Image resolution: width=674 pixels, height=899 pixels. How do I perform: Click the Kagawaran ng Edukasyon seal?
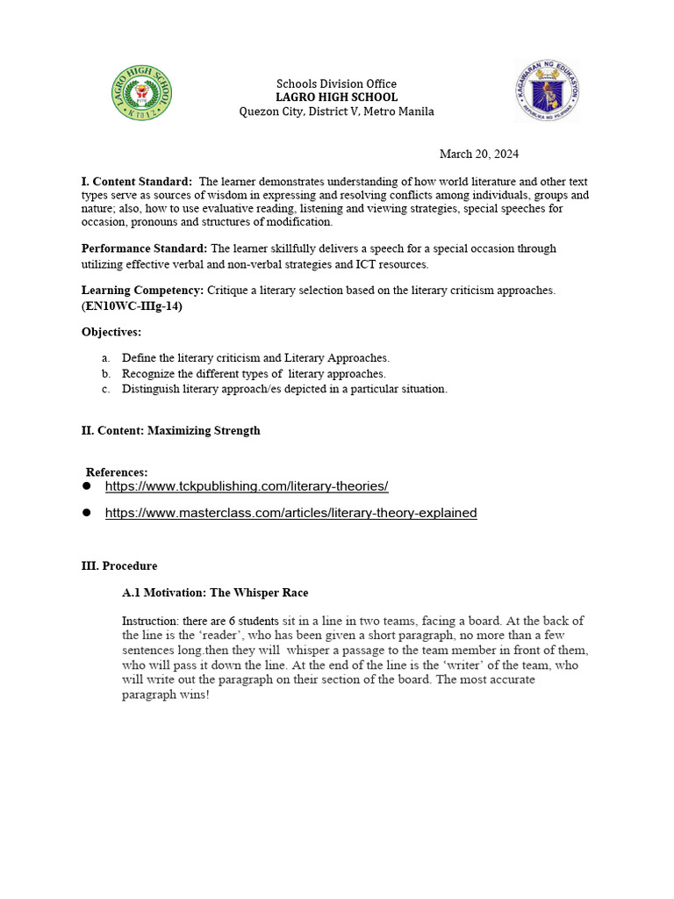(548, 90)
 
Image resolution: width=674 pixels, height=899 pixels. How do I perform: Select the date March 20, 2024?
(478, 154)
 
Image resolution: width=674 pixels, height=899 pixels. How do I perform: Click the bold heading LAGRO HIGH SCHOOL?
(337, 97)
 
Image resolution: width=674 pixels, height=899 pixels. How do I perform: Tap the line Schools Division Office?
(337, 83)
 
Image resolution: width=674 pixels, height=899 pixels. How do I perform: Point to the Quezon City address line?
(337, 111)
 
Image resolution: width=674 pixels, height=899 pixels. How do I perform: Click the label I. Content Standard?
(136, 181)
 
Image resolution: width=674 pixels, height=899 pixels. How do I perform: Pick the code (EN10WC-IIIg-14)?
(132, 305)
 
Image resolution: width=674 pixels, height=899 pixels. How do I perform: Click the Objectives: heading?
(111, 332)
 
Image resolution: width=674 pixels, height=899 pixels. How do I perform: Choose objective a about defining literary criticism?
(255, 358)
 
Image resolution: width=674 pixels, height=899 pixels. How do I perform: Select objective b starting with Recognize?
(254, 374)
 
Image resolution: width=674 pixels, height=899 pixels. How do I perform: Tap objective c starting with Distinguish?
(284, 389)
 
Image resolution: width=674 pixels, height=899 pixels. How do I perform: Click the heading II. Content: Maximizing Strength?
(170, 431)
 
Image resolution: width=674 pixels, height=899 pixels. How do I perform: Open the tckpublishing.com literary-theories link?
(247, 486)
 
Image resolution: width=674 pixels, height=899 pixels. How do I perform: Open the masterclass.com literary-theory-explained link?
(290, 513)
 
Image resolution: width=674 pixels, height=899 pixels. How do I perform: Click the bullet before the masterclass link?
(87, 513)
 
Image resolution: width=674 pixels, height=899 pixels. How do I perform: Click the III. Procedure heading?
(119, 566)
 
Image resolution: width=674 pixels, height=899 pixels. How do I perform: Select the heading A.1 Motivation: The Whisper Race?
(215, 593)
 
